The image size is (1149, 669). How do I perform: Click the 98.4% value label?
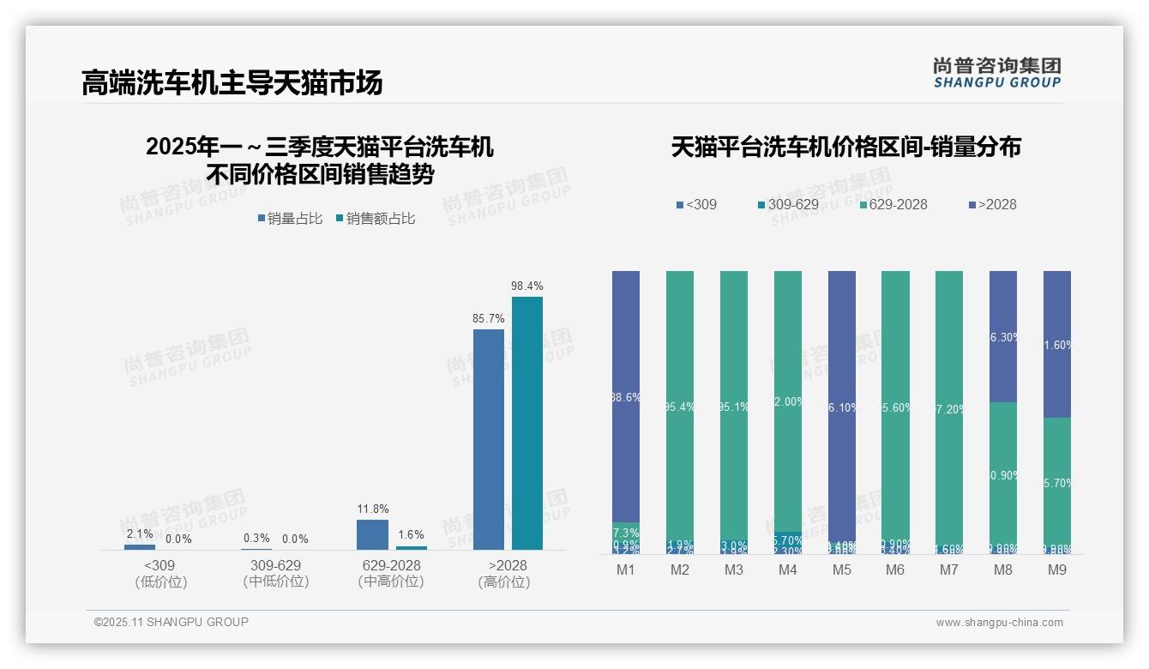(x=527, y=286)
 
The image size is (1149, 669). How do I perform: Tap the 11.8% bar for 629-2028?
(x=372, y=534)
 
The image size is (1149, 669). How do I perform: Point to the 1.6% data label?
(x=412, y=534)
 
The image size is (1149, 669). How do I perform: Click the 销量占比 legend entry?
(x=290, y=219)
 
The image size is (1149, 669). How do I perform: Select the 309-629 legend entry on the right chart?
(x=789, y=204)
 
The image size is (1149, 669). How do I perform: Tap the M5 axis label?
(x=842, y=570)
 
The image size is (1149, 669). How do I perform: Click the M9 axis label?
(x=1057, y=570)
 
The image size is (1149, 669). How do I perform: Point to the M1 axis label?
(x=626, y=570)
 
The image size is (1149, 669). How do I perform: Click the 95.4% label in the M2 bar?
(x=680, y=407)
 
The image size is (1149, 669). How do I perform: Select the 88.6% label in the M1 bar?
(x=626, y=397)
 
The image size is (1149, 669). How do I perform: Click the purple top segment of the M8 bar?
(x=1003, y=336)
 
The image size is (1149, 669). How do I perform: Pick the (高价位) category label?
(x=504, y=582)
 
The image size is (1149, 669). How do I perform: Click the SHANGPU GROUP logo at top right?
(x=997, y=72)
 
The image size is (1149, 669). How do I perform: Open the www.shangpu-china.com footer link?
(x=999, y=623)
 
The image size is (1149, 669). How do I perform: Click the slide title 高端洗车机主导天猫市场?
(x=232, y=83)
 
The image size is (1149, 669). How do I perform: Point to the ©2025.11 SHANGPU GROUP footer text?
(x=171, y=622)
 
